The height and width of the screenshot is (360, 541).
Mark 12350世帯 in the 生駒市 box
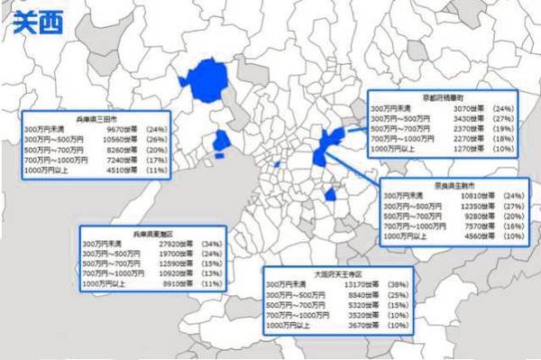point(473,207)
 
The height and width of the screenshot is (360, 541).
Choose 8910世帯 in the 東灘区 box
point(171,283)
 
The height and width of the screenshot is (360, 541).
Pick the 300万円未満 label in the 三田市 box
point(43,129)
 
